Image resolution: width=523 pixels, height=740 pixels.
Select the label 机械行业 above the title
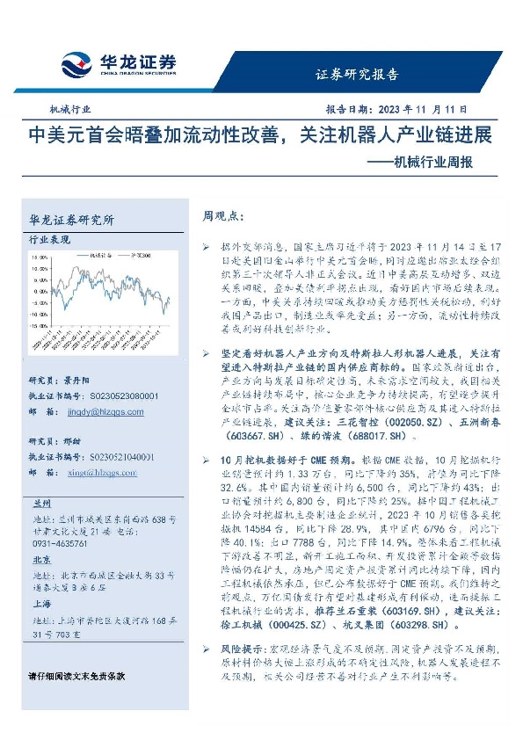point(70,111)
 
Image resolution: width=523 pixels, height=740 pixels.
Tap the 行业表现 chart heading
point(49,239)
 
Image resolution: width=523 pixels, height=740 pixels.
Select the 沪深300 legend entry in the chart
point(135,253)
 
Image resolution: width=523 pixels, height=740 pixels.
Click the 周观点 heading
point(222,214)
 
